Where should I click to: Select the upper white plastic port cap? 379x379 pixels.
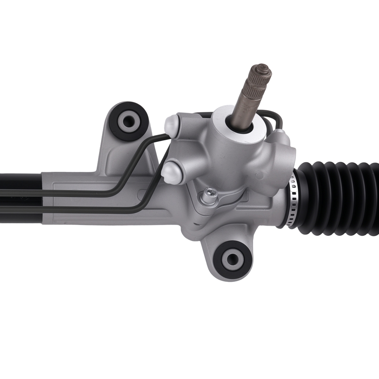(x=172, y=125)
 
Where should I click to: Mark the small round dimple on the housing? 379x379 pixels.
(x=259, y=175)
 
